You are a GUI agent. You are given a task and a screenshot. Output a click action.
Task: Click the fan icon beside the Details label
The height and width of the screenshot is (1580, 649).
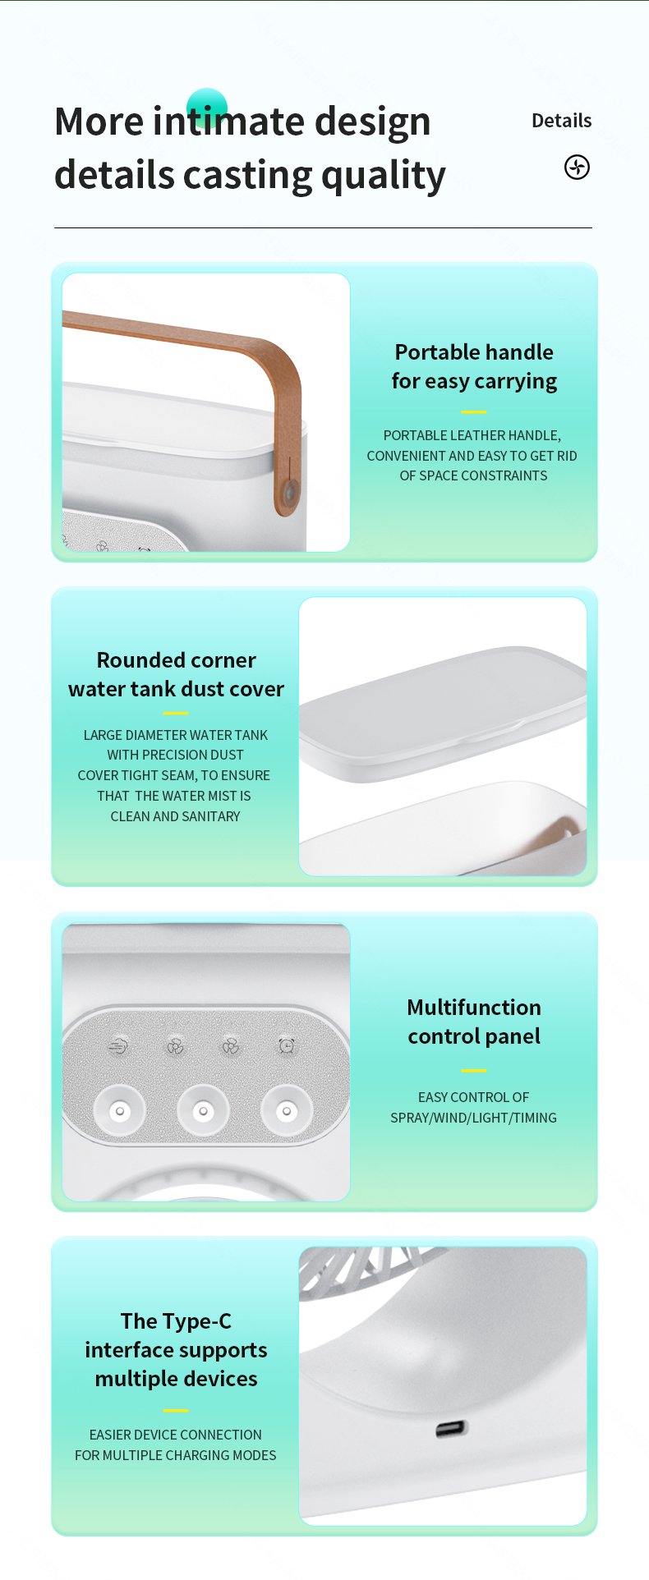click(577, 168)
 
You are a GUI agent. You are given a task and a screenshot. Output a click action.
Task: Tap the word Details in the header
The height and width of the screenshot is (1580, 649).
click(561, 121)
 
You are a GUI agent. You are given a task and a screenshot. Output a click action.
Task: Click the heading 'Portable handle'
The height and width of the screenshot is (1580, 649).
click(474, 352)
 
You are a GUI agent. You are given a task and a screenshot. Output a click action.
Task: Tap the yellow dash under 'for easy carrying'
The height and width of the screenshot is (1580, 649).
click(473, 412)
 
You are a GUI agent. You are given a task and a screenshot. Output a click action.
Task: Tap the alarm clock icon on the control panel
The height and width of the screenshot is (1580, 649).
click(287, 1045)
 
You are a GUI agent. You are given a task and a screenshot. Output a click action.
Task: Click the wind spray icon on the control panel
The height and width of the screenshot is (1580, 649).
click(119, 1046)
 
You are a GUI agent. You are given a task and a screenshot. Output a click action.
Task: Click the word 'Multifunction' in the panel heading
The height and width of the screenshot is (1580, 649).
click(474, 1008)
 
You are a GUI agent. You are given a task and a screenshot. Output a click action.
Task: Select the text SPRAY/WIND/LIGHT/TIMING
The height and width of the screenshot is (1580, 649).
click(473, 1118)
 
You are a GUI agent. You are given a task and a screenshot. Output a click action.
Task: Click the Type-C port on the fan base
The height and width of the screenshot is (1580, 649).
click(451, 1429)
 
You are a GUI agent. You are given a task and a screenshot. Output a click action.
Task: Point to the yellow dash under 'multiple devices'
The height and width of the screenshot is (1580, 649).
click(176, 1411)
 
